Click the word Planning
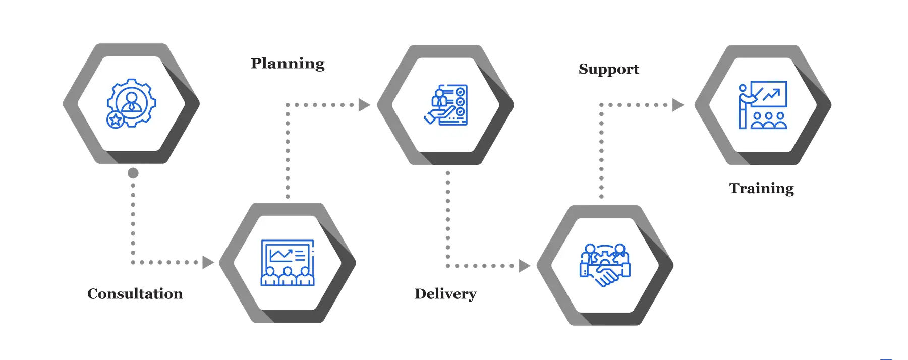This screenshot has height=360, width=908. (x=288, y=64)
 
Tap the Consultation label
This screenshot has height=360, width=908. (x=135, y=294)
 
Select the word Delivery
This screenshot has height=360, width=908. (x=445, y=294)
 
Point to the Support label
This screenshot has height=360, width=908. (x=609, y=69)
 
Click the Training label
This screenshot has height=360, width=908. (x=762, y=189)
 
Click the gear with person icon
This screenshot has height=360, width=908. (x=131, y=103)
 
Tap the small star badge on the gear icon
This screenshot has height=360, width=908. (x=115, y=120)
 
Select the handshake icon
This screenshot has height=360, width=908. (x=605, y=265)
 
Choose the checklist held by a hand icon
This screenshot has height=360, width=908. (x=446, y=104)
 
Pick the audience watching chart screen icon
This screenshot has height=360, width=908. (x=288, y=263)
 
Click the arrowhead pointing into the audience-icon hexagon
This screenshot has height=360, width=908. (x=208, y=262)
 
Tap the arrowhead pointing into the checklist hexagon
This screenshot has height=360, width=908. (x=364, y=105)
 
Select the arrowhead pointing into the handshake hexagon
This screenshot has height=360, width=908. (x=524, y=265)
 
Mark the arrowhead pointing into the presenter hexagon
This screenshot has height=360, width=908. (x=678, y=105)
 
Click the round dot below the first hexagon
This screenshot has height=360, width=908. (x=133, y=173)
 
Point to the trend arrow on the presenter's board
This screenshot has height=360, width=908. (x=771, y=94)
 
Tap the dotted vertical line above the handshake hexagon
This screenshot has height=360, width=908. (x=601, y=151)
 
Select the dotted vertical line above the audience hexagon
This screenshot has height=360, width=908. (x=287, y=151)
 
